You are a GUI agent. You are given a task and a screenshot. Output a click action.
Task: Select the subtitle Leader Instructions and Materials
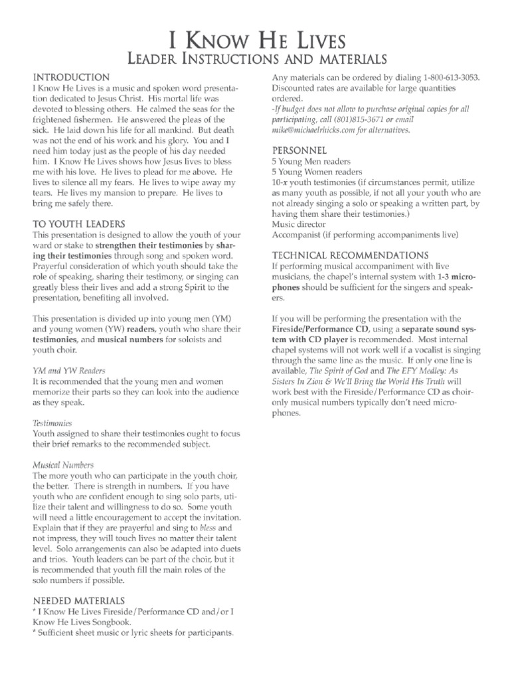tap(255, 60)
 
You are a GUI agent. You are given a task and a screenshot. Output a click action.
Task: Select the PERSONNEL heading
tap(299, 151)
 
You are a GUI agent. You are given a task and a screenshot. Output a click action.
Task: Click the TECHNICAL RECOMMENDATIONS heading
tap(351, 255)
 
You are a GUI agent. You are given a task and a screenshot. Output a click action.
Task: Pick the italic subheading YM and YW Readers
tap(68, 370)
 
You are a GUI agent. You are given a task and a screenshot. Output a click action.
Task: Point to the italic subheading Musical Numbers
tap(63, 465)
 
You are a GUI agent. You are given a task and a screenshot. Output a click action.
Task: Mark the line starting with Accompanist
tap(365, 235)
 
